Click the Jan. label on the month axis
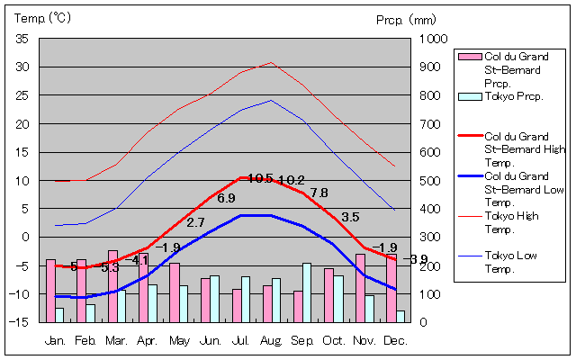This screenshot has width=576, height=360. [x=55, y=340]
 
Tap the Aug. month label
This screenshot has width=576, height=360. [x=271, y=340]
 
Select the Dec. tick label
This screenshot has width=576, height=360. [x=394, y=340]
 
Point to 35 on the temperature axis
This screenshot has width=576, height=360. [x=22, y=39]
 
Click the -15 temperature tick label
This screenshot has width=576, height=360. [x=20, y=321]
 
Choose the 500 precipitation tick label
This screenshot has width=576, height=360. [x=431, y=181]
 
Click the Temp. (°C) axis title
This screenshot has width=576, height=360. [x=43, y=18]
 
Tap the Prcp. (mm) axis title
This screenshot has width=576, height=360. [x=406, y=18]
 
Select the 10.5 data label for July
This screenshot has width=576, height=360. [x=259, y=178]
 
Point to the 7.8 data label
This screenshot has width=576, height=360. [x=319, y=193]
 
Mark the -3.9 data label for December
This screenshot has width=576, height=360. [x=417, y=260]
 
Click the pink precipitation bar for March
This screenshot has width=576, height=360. [x=112, y=285]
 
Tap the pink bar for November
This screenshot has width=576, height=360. [x=360, y=287]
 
